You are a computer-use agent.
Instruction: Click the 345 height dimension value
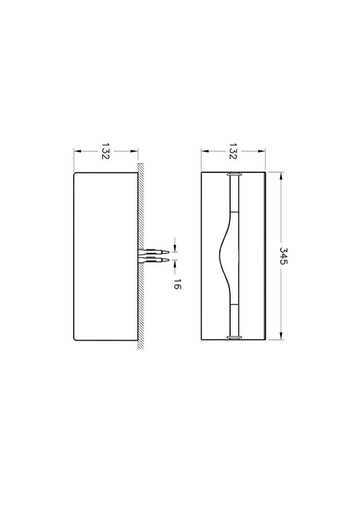click(283, 256)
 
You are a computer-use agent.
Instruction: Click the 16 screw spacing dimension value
click(177, 284)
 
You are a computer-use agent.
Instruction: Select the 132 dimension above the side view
click(106, 151)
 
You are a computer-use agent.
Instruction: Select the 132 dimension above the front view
click(233, 151)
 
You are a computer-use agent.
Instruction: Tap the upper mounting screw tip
click(168, 252)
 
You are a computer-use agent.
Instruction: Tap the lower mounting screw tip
click(168, 260)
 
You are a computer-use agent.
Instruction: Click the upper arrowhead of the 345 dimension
click(281, 176)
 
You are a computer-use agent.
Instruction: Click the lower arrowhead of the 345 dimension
click(281, 336)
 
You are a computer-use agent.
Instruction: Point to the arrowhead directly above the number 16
click(175, 264)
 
